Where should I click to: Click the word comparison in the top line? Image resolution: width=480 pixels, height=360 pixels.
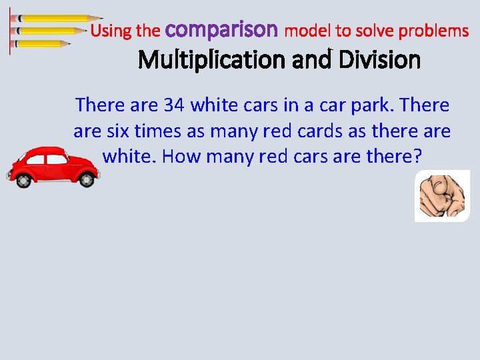[x=221, y=30]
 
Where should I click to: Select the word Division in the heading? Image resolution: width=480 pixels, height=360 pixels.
[x=379, y=61]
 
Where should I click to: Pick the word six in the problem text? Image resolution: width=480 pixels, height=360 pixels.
[x=118, y=131]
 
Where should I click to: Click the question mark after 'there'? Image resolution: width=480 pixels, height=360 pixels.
[x=417, y=157]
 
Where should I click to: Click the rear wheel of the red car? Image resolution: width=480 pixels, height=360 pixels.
[x=84, y=179]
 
